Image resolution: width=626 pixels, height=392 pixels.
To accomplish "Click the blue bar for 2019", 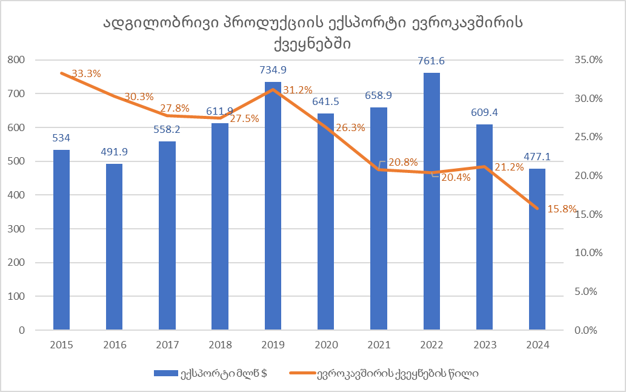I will click(273, 206).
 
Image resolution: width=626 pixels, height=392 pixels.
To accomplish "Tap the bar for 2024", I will click(537, 249).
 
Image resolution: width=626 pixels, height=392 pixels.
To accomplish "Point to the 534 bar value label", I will click(61, 138).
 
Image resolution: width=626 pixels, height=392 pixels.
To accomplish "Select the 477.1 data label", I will click(537, 157).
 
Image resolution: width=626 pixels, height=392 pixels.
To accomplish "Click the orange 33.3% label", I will click(86, 73).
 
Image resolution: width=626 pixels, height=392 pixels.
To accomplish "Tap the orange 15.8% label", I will click(562, 209).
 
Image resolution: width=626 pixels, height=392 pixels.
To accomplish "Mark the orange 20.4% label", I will click(455, 177).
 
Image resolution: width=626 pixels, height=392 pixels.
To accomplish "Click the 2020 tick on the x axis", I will click(325, 345).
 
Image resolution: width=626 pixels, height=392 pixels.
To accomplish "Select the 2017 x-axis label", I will click(167, 345).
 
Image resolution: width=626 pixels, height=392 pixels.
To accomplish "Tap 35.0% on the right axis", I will click(585, 59).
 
